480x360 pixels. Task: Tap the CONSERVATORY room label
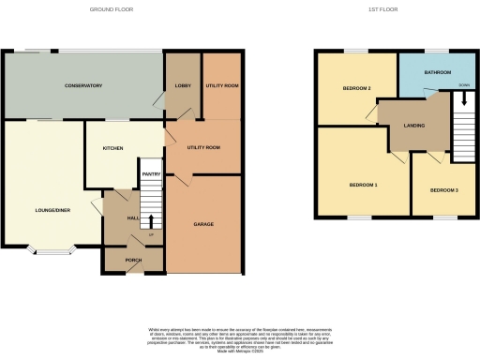point(83,85)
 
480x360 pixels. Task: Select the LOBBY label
point(182,85)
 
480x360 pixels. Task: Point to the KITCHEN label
point(113,148)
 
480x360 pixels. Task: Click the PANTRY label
point(152,173)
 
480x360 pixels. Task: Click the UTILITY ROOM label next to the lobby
point(222,85)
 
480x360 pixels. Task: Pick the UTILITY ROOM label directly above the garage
point(203,147)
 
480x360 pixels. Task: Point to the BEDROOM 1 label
point(363,185)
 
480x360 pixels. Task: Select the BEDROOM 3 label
point(443,190)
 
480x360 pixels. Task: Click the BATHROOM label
point(438,72)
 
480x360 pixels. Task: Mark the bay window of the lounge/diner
point(52,250)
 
